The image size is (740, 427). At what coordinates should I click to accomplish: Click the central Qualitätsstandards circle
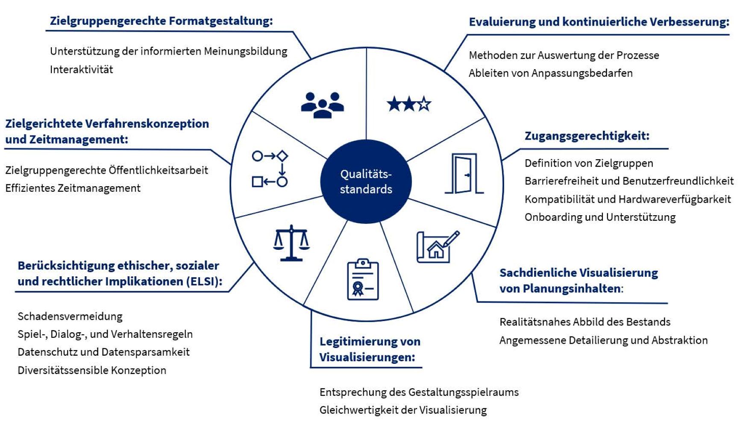coord(366,181)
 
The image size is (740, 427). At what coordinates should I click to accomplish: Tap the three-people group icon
coord(322,105)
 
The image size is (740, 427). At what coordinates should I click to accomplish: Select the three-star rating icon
coord(409,104)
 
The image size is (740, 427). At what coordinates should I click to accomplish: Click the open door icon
coord(464,174)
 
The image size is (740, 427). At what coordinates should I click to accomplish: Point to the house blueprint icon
coord(437,247)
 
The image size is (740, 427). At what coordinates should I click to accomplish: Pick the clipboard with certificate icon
coord(363,279)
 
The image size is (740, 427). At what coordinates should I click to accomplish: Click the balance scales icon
coord(291,243)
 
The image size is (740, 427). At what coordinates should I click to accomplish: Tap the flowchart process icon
coord(270,169)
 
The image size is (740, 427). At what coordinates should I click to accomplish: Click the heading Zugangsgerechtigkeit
coord(587,136)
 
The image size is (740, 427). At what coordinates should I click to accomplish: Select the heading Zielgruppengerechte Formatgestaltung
coord(161,21)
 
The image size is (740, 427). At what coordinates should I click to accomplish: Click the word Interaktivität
coord(81,70)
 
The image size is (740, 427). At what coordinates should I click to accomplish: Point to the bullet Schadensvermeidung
coord(70,316)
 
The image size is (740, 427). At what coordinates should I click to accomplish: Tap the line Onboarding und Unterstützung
coord(600,217)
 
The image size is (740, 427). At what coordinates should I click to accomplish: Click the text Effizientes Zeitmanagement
coord(73,188)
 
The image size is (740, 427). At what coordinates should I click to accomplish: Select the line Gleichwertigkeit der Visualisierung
coord(403,410)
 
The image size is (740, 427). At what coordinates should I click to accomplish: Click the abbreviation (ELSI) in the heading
coord(204,282)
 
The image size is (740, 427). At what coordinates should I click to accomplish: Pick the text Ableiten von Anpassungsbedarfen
coord(550,73)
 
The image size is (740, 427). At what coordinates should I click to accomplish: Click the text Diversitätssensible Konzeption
coord(92,370)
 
